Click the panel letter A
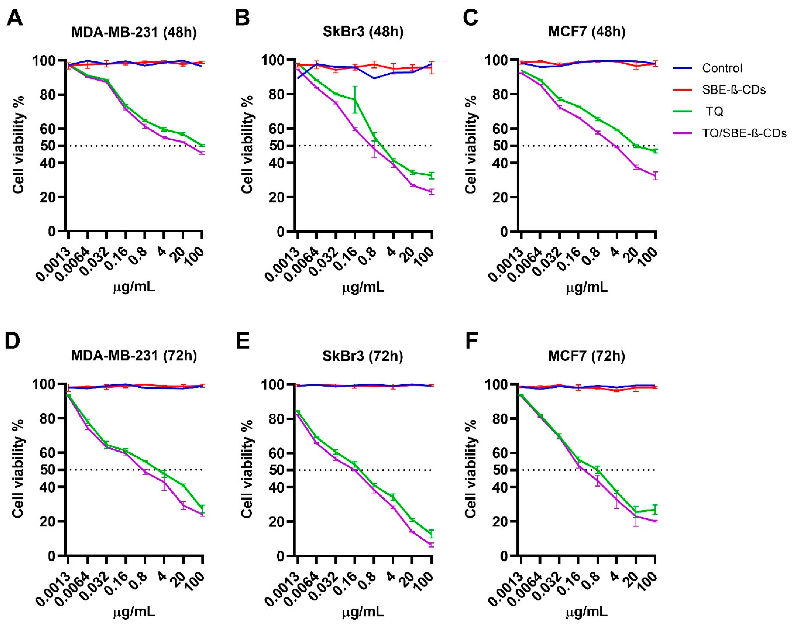point(15,18)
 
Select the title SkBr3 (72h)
point(362,356)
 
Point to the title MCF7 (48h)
point(587,32)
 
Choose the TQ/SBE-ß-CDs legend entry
point(744,134)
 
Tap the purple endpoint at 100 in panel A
point(202,153)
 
